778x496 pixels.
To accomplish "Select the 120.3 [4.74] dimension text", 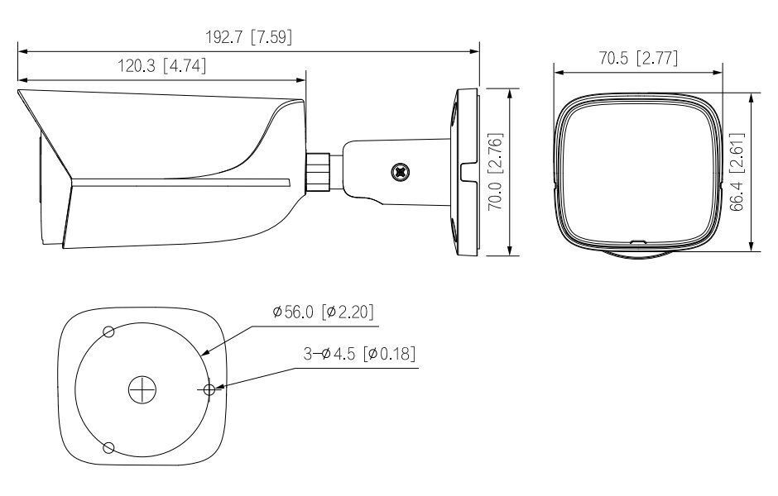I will pos(161,66).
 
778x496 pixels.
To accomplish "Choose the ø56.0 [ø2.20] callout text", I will pos(323,312).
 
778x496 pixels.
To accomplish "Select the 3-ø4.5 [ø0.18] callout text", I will pos(358,354).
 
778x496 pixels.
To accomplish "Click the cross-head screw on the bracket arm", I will pos(401,172).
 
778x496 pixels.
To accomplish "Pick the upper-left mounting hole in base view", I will pos(108,331).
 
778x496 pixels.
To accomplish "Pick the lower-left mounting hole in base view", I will pos(107,447).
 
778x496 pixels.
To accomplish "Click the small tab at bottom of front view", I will pos(636,243).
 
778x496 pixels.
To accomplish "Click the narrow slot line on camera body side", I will pos(182,181).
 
